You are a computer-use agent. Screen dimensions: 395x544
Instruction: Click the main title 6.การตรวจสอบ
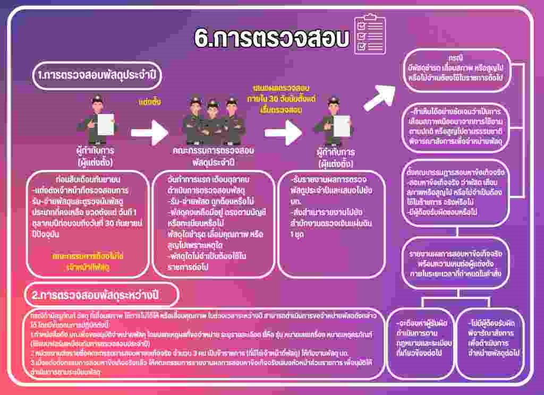(271, 38)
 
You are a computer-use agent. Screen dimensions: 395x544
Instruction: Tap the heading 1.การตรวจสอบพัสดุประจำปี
(96, 75)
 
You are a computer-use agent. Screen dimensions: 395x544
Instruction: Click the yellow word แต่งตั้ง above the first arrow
(149, 101)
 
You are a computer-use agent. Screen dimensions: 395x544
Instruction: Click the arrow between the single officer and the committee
(149, 132)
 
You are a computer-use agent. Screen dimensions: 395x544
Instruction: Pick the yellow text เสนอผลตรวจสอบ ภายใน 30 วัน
(282, 98)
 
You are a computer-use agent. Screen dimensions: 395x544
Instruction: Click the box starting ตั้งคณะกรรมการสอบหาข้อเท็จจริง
(455, 193)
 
